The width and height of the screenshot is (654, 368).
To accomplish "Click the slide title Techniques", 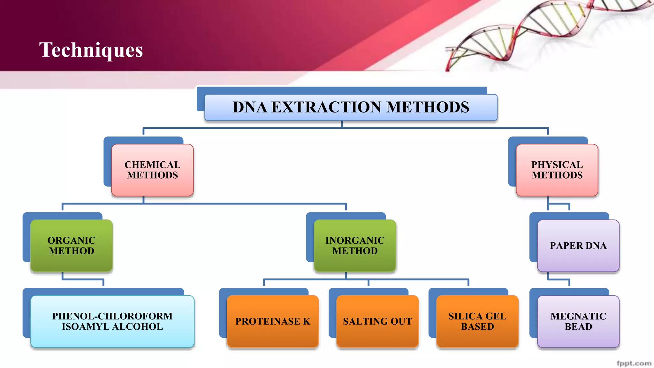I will coord(91,50).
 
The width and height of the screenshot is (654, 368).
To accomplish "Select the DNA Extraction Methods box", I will coord(351,107).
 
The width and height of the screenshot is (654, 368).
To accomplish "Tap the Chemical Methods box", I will coord(152,170).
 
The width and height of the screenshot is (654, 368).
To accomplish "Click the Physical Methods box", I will coord(557,170).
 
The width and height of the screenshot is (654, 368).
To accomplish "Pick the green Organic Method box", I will coord(72,246).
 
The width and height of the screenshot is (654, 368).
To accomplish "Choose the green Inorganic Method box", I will coord(355,246).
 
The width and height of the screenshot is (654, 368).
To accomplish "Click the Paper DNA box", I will coord(578,246).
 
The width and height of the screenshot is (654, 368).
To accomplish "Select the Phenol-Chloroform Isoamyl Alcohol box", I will coord(112,321).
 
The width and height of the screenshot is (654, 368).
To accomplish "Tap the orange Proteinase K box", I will coord(273,321).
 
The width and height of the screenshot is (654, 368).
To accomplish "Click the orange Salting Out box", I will coord(377,321).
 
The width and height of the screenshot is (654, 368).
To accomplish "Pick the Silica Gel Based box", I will coord(477,321).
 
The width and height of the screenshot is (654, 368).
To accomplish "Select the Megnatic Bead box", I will coord(578,321).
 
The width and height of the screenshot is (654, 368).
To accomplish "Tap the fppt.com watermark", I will coord(634,363).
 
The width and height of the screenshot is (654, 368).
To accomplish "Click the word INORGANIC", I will coord(355,241).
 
